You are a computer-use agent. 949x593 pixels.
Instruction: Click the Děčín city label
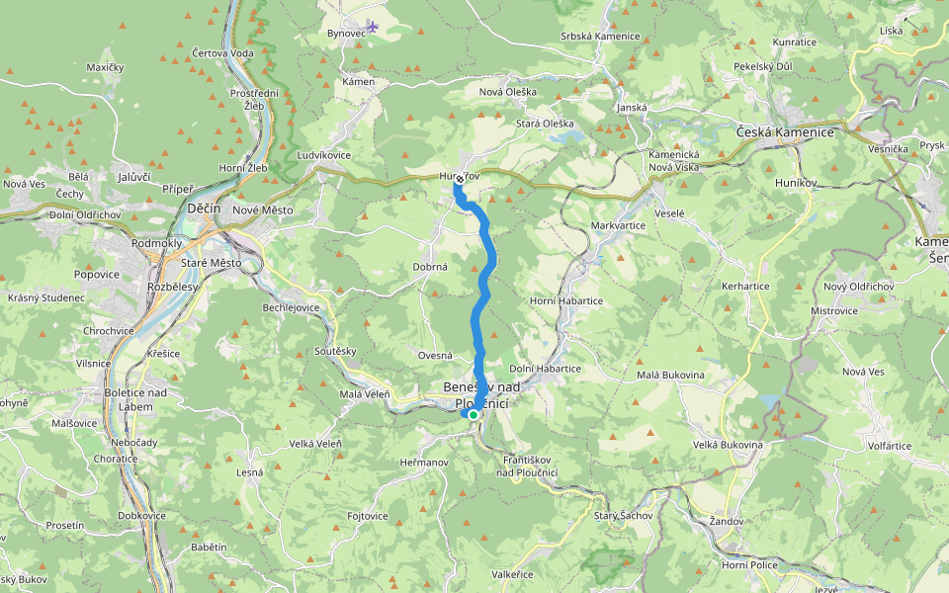[x=204, y=210]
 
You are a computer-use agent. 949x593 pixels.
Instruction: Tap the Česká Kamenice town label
[x=786, y=131]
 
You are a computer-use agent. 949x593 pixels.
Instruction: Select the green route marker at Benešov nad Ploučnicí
[x=474, y=415]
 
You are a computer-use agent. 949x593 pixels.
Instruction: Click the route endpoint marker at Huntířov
[x=459, y=181]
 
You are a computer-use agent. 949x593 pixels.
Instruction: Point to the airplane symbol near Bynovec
[x=372, y=25]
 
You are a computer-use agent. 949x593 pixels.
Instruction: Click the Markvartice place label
[x=618, y=225]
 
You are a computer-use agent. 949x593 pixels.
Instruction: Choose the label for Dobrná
[x=430, y=267]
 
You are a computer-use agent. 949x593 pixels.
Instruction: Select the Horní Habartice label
[x=566, y=300]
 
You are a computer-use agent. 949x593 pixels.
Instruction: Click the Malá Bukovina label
[x=670, y=375]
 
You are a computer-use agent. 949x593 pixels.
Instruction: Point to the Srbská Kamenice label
[x=600, y=37]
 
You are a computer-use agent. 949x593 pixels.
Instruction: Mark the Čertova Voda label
[x=222, y=52]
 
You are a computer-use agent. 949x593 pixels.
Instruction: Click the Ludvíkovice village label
[x=323, y=155]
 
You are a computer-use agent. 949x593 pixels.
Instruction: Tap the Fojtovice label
[x=368, y=516]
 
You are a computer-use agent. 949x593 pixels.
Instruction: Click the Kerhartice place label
[x=745, y=285]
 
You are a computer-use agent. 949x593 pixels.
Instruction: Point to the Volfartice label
[x=890, y=445]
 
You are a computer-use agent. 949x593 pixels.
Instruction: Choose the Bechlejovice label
[x=291, y=307]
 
